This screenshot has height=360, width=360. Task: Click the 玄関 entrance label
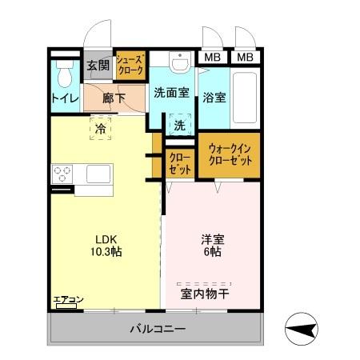(x=98, y=66)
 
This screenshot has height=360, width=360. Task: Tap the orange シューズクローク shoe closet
(x=130, y=66)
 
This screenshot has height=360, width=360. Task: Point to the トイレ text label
(x=64, y=99)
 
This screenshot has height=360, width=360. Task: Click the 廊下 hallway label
(x=114, y=98)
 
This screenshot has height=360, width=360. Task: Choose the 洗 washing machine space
(x=180, y=126)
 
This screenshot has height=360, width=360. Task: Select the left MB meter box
(x=212, y=58)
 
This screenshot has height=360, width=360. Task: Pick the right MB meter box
(x=246, y=58)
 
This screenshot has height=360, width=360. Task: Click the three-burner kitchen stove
(x=63, y=174)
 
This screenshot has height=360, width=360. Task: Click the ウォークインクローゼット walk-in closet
(x=230, y=154)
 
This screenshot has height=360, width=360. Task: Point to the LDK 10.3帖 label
(x=106, y=245)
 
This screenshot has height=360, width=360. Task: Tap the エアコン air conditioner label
(x=68, y=301)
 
